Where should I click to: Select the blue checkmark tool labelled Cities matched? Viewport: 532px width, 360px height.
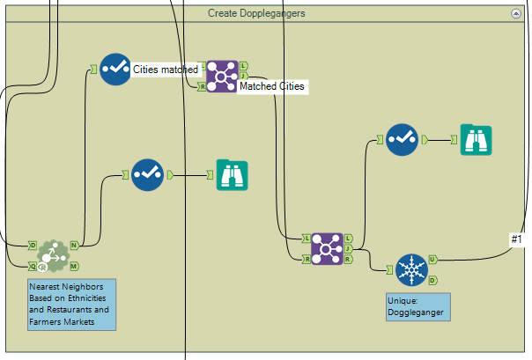tap(115, 69)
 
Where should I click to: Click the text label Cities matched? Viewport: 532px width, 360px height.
tap(165, 69)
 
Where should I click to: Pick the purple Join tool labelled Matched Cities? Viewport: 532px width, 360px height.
tap(221, 76)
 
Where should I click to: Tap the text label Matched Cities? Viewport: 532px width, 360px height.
tap(272, 87)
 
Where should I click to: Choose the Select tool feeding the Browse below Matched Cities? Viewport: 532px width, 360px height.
tap(148, 174)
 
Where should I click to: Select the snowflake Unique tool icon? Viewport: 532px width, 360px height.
tap(410, 269)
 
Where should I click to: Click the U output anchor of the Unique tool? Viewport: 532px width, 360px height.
tap(432, 259)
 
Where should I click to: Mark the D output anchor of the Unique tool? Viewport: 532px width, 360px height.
tap(432, 280)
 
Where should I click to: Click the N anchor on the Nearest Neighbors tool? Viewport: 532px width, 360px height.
tap(75, 245)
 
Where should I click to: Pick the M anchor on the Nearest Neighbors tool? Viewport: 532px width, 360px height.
tap(75, 265)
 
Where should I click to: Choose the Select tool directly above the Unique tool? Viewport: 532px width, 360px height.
tap(403, 139)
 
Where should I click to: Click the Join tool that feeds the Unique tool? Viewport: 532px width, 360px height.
tap(328, 248)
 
